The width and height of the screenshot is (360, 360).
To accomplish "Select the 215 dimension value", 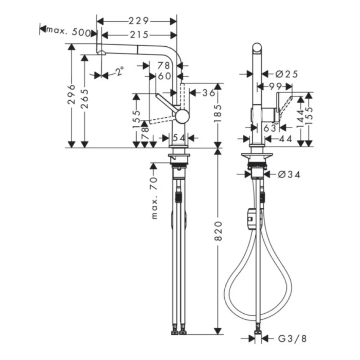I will (139, 35).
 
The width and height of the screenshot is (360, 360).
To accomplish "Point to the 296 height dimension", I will (71, 95).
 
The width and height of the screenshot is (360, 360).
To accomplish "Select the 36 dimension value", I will (208, 93).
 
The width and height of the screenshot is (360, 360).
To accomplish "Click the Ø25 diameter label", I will (287, 74).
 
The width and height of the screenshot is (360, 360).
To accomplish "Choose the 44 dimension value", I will (286, 138).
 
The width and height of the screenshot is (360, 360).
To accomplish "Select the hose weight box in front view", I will (250, 219).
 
